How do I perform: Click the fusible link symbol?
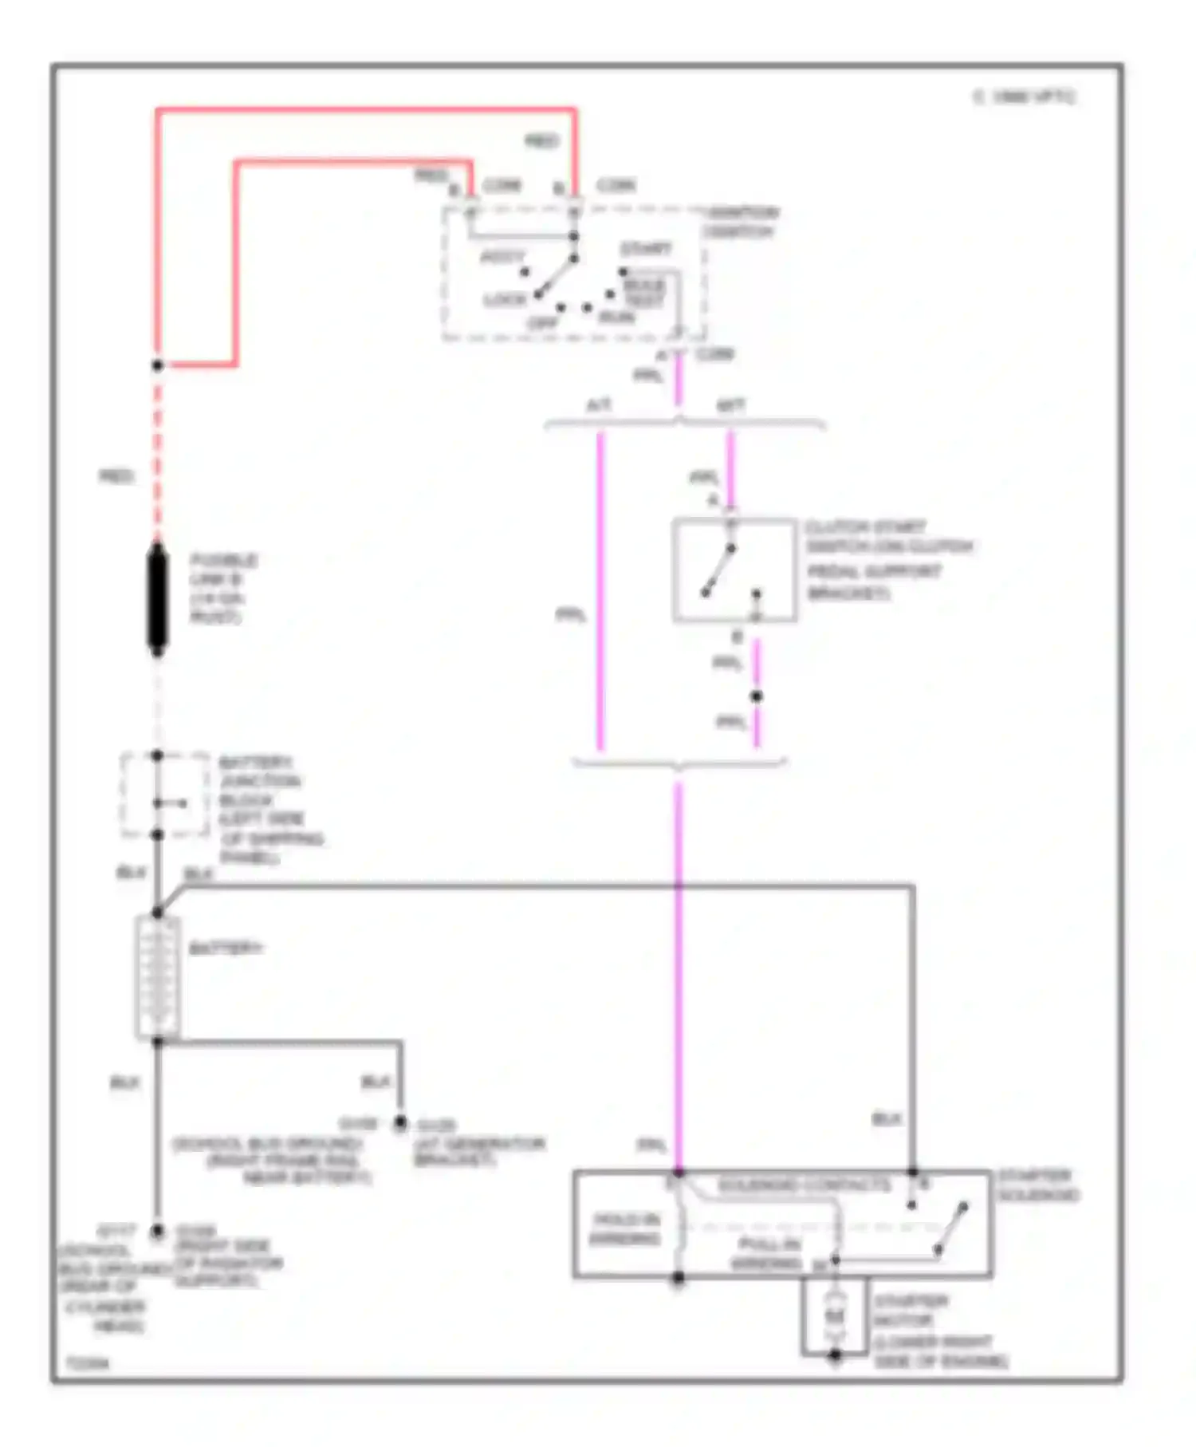click(x=158, y=599)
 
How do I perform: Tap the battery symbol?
click(x=158, y=976)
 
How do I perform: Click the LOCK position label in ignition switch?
click(x=506, y=300)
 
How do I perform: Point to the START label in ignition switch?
click(x=646, y=249)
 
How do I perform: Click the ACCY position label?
click(x=503, y=256)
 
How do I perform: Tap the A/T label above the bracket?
click(x=599, y=405)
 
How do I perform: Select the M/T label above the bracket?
click(x=730, y=405)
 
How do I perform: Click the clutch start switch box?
click(x=734, y=570)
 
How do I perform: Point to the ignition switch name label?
click(x=741, y=222)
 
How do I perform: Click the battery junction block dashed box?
click(x=165, y=794)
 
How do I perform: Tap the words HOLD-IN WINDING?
click(x=625, y=1228)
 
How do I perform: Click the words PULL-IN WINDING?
click(x=767, y=1254)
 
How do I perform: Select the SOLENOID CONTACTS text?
click(x=803, y=1185)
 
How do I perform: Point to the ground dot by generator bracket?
click(x=400, y=1123)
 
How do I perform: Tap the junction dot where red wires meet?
click(x=158, y=365)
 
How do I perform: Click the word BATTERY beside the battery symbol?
click(x=226, y=948)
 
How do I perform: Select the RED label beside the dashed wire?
click(x=116, y=476)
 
